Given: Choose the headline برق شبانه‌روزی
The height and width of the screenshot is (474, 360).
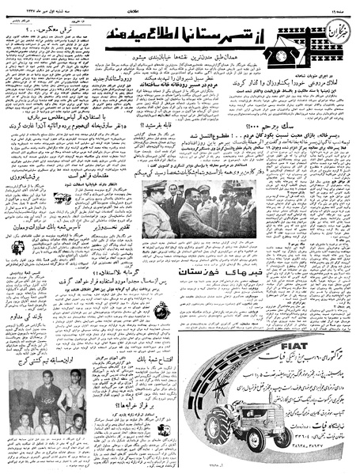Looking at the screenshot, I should tap(30, 174).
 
